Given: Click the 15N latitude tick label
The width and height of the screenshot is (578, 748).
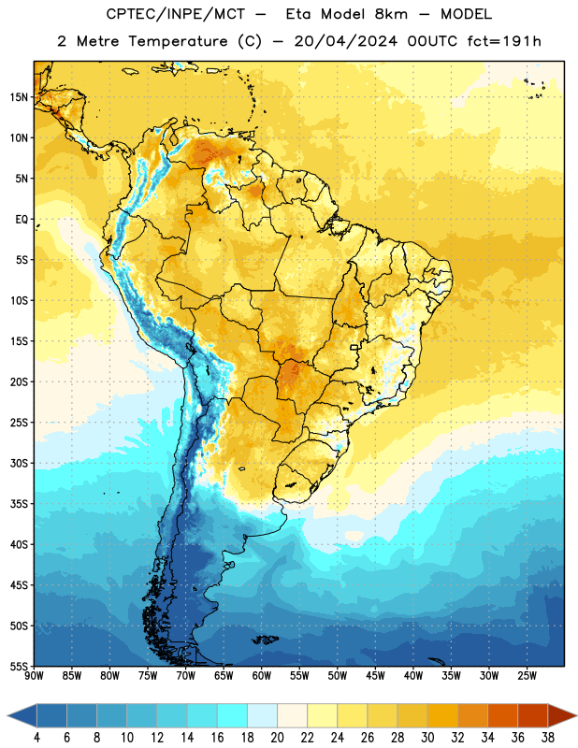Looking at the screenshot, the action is point(19,97).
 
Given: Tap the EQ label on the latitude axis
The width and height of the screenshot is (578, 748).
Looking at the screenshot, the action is point(22,220).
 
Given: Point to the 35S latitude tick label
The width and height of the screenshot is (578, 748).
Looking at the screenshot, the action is point(19,504).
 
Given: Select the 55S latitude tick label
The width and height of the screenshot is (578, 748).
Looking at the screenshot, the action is point(19,666).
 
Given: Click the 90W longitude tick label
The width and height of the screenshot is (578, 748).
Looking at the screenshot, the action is point(34,676).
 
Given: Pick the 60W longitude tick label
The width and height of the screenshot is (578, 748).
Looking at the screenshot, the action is point(262,676).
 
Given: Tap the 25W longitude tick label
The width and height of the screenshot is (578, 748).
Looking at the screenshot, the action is point(527,676).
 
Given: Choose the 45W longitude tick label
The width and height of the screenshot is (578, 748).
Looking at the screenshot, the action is point(375,676).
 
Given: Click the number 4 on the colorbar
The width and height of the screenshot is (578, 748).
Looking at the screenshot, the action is point(36,738).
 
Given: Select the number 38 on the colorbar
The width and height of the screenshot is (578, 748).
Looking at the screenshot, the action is point(548,738).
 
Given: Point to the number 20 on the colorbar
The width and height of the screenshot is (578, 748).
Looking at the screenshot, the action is point(277,738).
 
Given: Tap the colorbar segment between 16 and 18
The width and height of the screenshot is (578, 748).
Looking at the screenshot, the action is point(232,716).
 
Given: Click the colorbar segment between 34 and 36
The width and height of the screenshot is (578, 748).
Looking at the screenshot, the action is point(502,716).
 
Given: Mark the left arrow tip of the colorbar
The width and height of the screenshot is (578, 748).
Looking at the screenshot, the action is point(7,716).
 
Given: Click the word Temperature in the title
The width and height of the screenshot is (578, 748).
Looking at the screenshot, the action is point(178,41).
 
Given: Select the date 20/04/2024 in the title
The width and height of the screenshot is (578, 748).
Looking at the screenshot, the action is point(345,41).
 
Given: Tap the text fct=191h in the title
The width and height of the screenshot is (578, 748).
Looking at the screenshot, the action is point(504,41).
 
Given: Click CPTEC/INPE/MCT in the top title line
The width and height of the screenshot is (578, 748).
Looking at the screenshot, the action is point(176,14).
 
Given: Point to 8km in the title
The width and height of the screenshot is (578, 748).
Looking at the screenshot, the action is point(391,14).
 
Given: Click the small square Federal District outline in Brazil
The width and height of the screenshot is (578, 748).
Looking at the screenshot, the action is point(354,348).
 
